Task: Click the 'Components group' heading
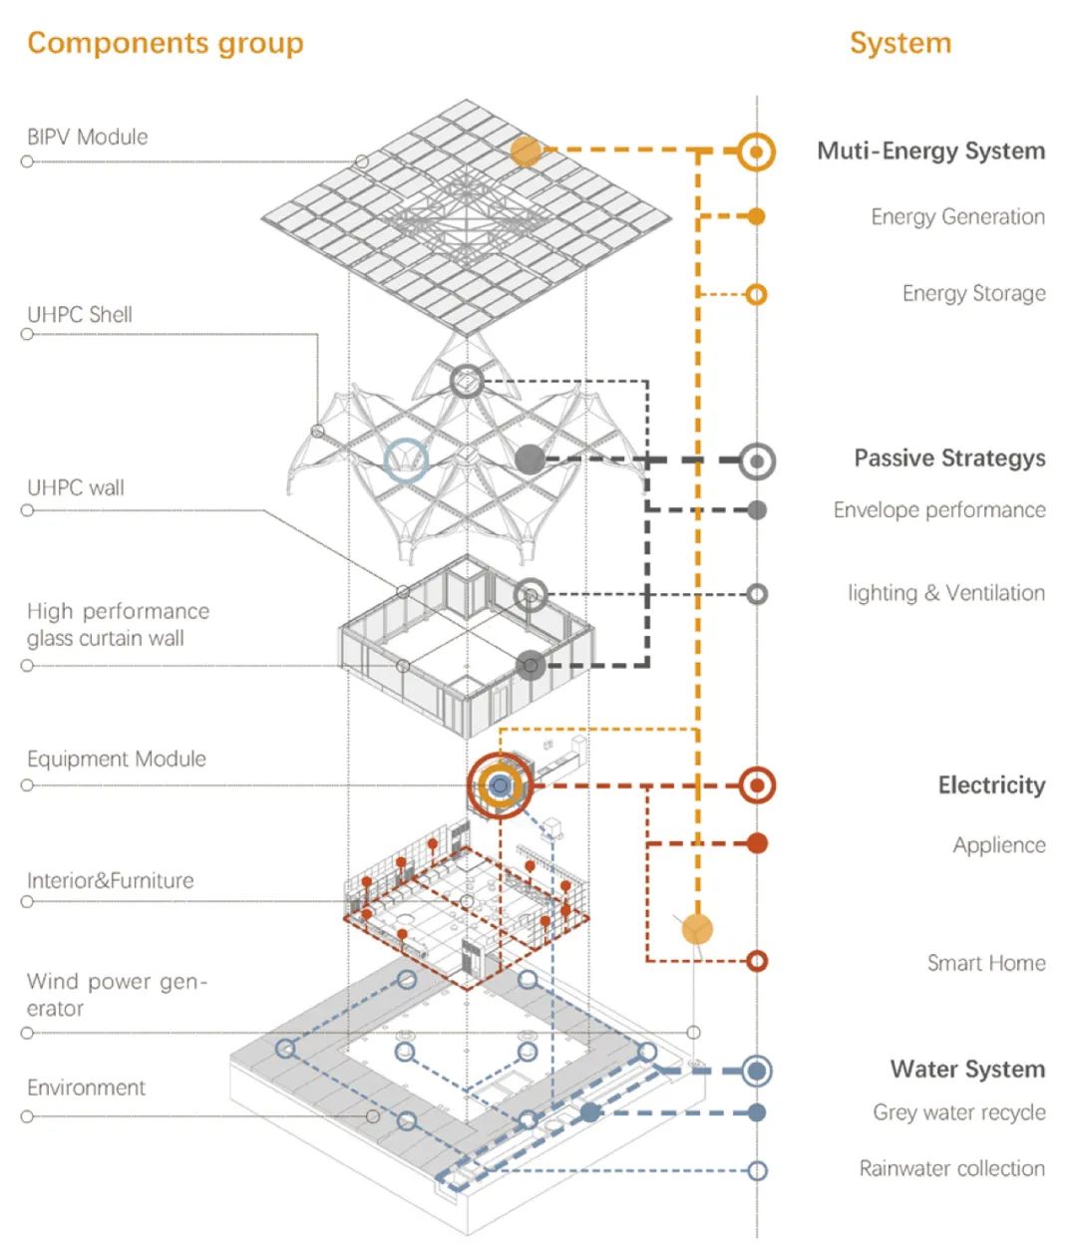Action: coord(166,43)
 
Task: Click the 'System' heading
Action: coord(899,43)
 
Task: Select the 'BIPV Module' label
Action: coord(88,137)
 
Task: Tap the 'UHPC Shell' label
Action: coord(80,314)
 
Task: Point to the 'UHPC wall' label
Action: coord(76,487)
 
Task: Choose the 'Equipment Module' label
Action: coord(117,759)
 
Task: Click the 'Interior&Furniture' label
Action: coord(111,880)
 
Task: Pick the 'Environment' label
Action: coord(86,1088)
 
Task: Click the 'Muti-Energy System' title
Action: coord(930,152)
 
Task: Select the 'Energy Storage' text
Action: coord(973,293)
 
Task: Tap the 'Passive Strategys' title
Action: coord(949,459)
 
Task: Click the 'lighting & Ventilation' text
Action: coord(945,593)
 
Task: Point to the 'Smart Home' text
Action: coord(985,963)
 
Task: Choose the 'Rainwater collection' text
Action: coord(951,1168)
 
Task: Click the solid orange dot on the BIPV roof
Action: coord(526,151)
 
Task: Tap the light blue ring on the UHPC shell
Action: coord(406,461)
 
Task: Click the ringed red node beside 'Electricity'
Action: coord(757,785)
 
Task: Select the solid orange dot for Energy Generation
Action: coord(757,216)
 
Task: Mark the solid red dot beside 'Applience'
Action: coord(757,843)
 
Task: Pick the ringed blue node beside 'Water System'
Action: coord(757,1071)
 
